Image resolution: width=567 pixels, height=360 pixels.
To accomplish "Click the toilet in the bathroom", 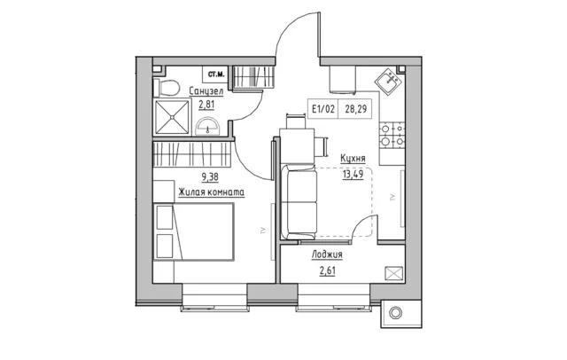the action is [x=167, y=88].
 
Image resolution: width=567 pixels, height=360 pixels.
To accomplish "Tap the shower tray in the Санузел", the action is [x=172, y=117].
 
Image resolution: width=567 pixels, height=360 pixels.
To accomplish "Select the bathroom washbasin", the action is [x=207, y=126].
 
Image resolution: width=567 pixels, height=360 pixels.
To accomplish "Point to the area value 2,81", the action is [x=206, y=105].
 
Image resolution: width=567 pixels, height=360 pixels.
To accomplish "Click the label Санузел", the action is [x=206, y=91].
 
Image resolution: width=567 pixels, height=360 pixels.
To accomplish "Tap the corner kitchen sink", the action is [x=388, y=82].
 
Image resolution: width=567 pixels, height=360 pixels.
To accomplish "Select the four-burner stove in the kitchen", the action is [x=392, y=135].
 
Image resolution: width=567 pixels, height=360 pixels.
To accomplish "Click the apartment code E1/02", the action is [x=323, y=108].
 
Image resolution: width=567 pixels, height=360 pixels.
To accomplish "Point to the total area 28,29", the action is [x=356, y=108].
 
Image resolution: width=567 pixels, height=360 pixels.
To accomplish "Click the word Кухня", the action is [x=353, y=159].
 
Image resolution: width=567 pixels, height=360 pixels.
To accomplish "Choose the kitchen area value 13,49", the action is [x=353, y=175].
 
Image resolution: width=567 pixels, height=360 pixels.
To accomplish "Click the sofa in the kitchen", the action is [x=299, y=203].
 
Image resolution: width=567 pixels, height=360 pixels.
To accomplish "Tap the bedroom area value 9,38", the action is [x=210, y=177].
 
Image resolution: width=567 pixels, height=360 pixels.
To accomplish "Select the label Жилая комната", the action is [x=211, y=192].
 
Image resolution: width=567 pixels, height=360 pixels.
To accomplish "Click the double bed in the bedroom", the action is [x=194, y=231].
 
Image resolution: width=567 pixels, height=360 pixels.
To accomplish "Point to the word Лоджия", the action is [x=327, y=254].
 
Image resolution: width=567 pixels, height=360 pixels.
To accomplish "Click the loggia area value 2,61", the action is [x=327, y=270].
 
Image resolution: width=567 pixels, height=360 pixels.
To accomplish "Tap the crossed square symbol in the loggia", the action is [x=393, y=273].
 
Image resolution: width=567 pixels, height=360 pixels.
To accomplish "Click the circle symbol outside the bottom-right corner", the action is [x=396, y=313].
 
